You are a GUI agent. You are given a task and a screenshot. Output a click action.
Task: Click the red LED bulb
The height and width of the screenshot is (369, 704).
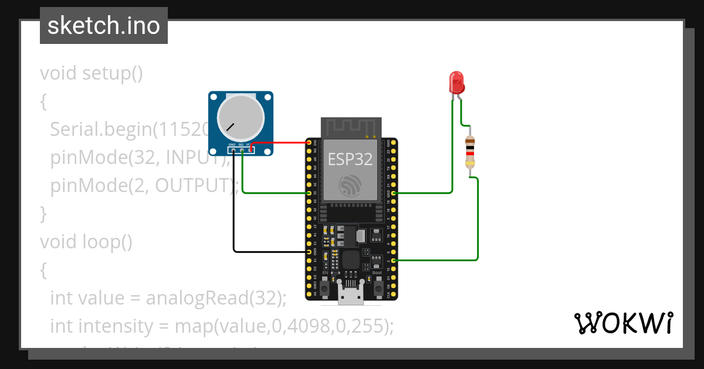pos(456,83)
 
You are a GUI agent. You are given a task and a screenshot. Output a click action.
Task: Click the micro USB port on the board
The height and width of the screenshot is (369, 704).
pos(351,297)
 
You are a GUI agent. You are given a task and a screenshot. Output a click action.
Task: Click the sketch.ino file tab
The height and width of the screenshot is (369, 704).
pos(104,26)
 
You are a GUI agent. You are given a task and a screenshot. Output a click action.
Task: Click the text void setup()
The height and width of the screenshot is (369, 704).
pos(92,74)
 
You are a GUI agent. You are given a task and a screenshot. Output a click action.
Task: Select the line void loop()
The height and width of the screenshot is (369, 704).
pos(86,241)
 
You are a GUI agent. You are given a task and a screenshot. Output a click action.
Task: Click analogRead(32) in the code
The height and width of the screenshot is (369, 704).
pos(215,298)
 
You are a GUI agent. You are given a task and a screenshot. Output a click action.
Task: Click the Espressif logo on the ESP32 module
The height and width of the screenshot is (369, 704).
pos(351,186)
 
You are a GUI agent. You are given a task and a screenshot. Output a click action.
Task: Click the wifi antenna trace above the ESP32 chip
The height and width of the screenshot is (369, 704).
pos(351,127)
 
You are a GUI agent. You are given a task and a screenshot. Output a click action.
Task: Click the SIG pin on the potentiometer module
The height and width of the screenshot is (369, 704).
pos(242,150)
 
